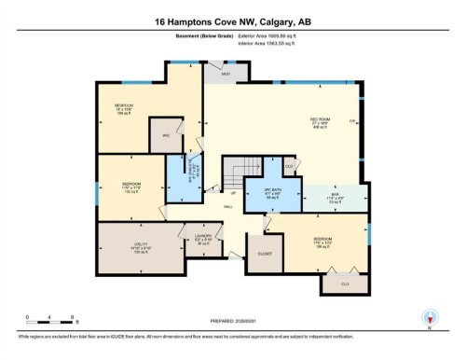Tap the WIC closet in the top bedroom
[x=165, y=136]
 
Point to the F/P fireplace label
[x=351, y=122]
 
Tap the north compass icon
[x=428, y=318]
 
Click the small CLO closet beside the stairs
[x=289, y=165]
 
